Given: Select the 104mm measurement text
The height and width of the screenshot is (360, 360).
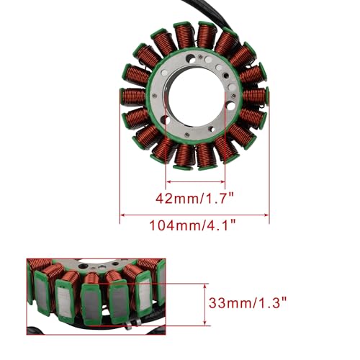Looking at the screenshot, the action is pos(174,225).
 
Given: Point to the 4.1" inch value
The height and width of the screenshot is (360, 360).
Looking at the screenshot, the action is pos(219,225).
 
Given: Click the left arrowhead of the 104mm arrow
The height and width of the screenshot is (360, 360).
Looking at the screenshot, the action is pos(122,215).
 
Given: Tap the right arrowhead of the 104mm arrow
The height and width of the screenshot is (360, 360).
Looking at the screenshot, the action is pos(266,215).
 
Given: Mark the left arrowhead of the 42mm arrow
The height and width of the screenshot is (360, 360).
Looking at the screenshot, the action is pos(168,181).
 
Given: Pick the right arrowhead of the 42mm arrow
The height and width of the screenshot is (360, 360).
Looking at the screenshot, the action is pos(222,181).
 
